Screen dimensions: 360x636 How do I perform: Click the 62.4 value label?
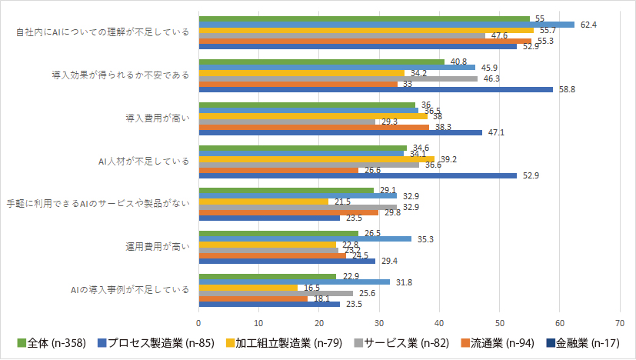tap(588, 25)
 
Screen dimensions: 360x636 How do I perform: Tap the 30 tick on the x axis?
tap(379, 322)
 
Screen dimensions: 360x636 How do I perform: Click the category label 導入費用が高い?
tap(157, 118)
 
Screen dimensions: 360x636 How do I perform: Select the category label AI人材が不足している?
tap(146, 162)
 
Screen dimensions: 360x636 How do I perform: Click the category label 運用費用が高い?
tap(157, 247)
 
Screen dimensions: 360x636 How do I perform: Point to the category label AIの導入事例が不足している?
tap(129, 290)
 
